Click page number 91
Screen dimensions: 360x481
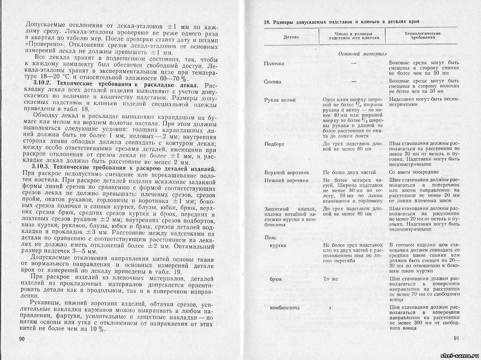pyautogui.click(x=457, y=337)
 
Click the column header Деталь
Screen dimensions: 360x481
pyautogui.click(x=291, y=37)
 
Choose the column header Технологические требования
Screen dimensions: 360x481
pyautogui.click(x=422, y=35)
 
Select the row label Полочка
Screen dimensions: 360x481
pyautogui.click(x=274, y=63)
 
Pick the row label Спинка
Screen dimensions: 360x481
pyautogui.click(x=273, y=82)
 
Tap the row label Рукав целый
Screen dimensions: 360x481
pyautogui.click(x=280, y=100)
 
